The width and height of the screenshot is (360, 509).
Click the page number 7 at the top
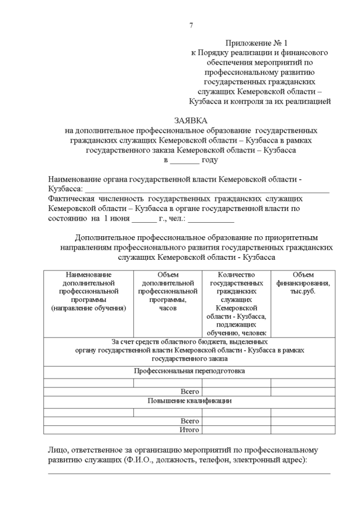191,25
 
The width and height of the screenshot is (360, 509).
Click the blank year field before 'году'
184,160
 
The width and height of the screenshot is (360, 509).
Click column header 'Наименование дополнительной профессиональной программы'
88,291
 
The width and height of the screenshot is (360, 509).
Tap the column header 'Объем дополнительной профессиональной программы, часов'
167,291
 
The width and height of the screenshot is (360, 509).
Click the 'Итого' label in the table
190,430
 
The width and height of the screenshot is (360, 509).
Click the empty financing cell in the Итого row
303,430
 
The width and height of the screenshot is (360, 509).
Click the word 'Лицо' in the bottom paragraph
59,450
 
